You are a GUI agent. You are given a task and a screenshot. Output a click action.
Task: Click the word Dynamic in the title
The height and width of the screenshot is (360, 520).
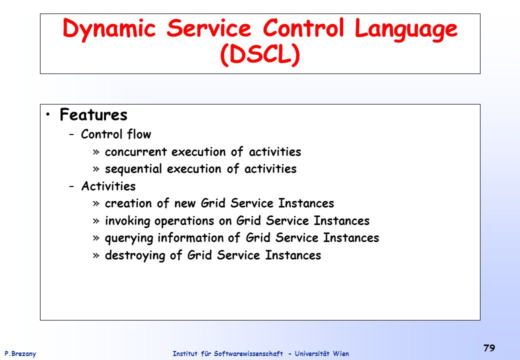[109, 29]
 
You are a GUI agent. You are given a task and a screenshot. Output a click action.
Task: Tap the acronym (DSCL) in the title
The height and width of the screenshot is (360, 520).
[260, 54]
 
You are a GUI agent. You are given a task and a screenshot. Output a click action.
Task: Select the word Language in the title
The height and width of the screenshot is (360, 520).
[406, 29]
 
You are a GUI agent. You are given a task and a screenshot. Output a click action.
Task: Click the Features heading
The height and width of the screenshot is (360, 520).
[93, 114]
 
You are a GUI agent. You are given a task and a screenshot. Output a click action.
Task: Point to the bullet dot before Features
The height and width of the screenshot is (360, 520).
[48, 114]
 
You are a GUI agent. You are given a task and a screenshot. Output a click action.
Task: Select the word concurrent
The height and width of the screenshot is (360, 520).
[135, 152]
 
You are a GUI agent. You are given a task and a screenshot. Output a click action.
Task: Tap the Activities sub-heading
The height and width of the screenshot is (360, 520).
[108, 186]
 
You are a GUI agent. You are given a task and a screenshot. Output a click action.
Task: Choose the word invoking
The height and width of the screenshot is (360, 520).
[127, 221]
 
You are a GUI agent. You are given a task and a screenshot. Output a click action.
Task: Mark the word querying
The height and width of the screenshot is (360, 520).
[129, 238]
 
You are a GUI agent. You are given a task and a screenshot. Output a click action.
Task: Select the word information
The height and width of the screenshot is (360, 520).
[190, 237]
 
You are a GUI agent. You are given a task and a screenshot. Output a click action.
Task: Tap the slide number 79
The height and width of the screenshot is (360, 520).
[489, 348]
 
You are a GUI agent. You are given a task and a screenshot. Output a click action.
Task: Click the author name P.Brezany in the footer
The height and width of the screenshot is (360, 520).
[20, 353]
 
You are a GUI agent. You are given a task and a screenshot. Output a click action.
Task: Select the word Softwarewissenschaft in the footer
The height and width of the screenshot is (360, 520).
[248, 353]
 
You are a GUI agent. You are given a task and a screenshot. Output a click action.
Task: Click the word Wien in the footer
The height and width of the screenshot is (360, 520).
[341, 353]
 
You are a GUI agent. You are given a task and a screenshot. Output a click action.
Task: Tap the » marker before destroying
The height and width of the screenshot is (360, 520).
[96, 255]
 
